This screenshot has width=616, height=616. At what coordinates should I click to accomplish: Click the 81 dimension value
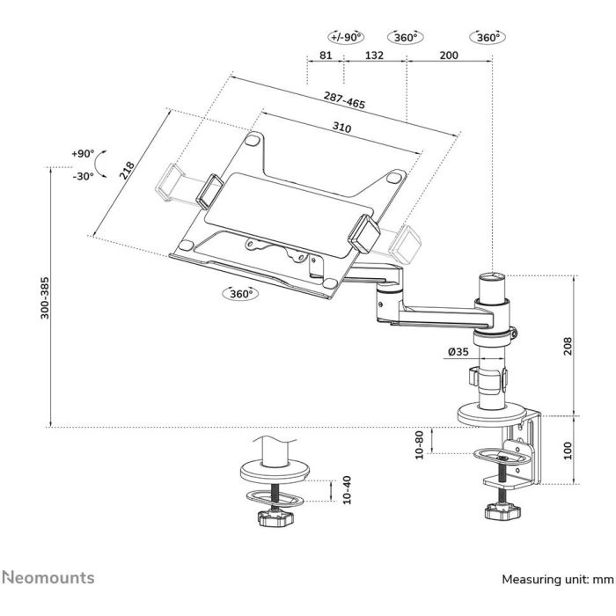[325, 55]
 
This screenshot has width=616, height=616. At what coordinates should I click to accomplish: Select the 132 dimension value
[374, 55]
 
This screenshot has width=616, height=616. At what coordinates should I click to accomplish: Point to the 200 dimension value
[449, 55]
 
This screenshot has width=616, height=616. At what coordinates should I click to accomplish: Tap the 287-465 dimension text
[344, 99]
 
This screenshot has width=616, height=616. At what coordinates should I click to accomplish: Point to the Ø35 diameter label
[457, 353]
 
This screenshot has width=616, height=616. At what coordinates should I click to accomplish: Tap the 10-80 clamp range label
[420, 444]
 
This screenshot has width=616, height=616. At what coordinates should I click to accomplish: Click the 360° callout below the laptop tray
[238, 294]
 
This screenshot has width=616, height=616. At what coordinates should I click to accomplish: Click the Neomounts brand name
[48, 577]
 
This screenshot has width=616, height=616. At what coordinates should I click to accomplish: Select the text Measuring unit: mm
[556, 580]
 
